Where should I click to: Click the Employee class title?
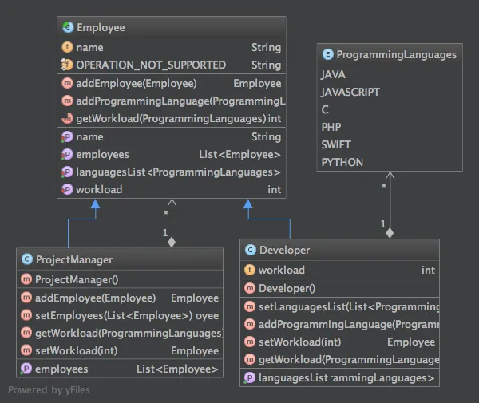pos(101,28)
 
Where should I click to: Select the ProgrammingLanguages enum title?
pos(396,55)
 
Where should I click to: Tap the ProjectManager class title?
pos(74,259)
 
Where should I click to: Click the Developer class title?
pos(284,250)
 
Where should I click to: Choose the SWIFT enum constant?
pos(335,144)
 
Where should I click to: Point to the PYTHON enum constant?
pos(342,162)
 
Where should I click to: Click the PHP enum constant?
pos(331,127)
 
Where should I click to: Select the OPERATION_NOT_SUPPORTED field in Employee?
pos(150,65)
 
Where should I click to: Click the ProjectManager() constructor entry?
pos(77,279)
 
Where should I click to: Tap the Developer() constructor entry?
pos(287,289)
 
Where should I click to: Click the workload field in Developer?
pos(281,271)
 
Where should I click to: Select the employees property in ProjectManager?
pos(62,369)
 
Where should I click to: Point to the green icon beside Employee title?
pos(66,28)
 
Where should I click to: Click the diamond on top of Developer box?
pos(390,233)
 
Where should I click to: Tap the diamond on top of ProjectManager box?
pos(171,241)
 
